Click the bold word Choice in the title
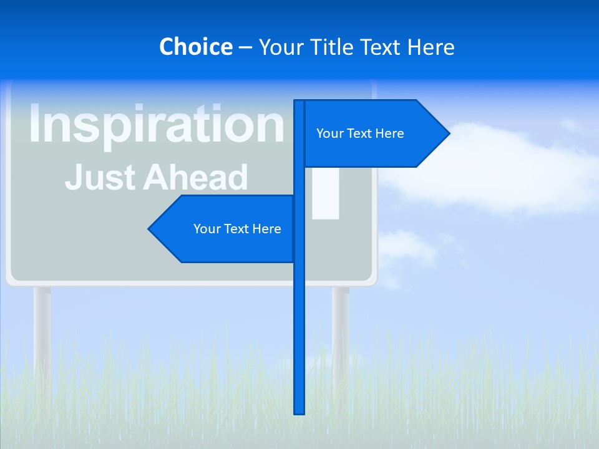click(x=195, y=47)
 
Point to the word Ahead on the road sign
click(x=195, y=177)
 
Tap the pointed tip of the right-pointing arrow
click(x=448, y=133)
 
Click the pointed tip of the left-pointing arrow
click(x=150, y=229)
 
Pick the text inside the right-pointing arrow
click(x=360, y=133)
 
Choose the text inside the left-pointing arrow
click(x=237, y=229)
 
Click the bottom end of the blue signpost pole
click(x=299, y=410)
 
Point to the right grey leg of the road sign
click(x=341, y=331)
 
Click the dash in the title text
click(x=245, y=47)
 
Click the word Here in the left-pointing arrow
click(x=266, y=229)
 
